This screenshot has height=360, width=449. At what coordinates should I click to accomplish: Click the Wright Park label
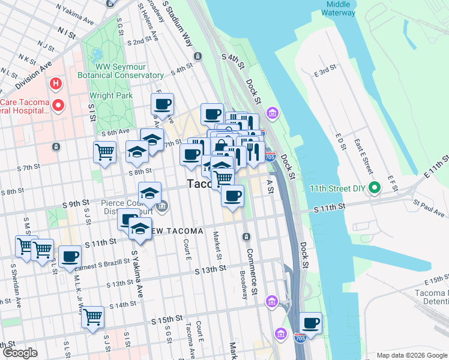click(x=110, y=95)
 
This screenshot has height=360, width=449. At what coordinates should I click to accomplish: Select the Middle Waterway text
click(x=339, y=8)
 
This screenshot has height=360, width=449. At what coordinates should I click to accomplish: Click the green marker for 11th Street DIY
click(x=375, y=188)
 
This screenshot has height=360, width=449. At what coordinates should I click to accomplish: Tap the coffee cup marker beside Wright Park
click(x=162, y=104)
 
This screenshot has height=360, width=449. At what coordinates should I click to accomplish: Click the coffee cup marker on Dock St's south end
click(x=310, y=323)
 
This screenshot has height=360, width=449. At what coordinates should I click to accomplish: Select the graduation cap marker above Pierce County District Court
click(x=149, y=193)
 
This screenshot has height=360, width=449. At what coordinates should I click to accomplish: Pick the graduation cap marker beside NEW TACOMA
click(x=140, y=229)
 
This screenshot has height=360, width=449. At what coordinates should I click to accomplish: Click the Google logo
click(x=20, y=353)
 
